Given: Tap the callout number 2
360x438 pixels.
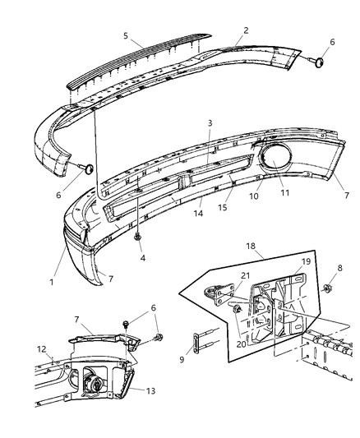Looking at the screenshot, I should (x=246, y=30).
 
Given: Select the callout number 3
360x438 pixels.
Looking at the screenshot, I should (x=210, y=122).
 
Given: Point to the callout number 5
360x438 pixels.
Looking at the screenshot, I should (x=126, y=36).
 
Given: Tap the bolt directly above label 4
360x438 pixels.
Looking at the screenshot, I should (x=136, y=237).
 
